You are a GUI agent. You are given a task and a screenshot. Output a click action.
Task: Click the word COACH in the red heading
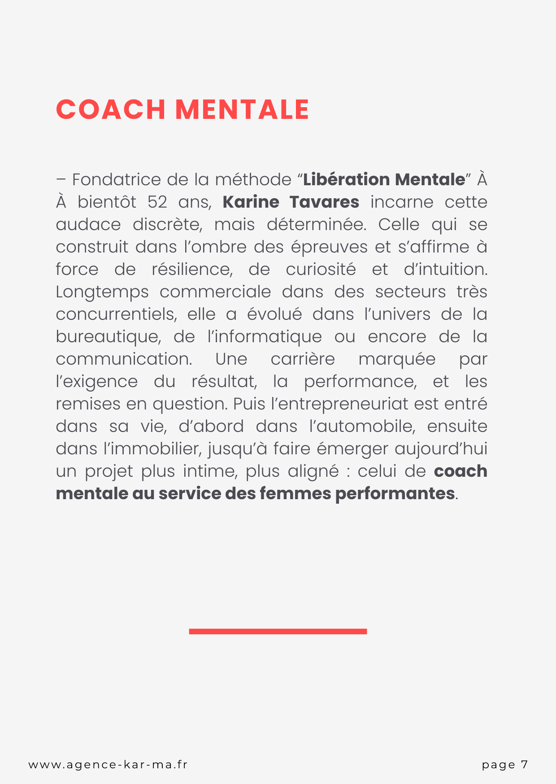[x=111, y=110]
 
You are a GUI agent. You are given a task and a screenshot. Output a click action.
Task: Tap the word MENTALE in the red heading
[x=242, y=110]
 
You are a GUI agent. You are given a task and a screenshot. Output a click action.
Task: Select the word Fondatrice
[x=116, y=180]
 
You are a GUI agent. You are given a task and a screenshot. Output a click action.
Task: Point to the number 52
[x=157, y=202]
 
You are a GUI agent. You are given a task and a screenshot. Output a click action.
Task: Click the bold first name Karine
[x=251, y=202]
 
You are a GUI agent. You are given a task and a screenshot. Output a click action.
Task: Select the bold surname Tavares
[x=324, y=202]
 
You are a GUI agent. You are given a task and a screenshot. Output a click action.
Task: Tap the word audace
[x=88, y=225]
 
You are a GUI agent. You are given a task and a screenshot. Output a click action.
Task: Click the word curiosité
[x=321, y=270]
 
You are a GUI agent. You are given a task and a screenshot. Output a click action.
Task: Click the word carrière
[x=303, y=359]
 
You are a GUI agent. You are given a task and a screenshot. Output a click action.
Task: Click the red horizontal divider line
[x=278, y=632]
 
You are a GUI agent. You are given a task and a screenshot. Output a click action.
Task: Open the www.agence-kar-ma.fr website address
[x=108, y=765]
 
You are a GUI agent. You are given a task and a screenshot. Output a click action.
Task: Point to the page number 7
[x=524, y=765]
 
